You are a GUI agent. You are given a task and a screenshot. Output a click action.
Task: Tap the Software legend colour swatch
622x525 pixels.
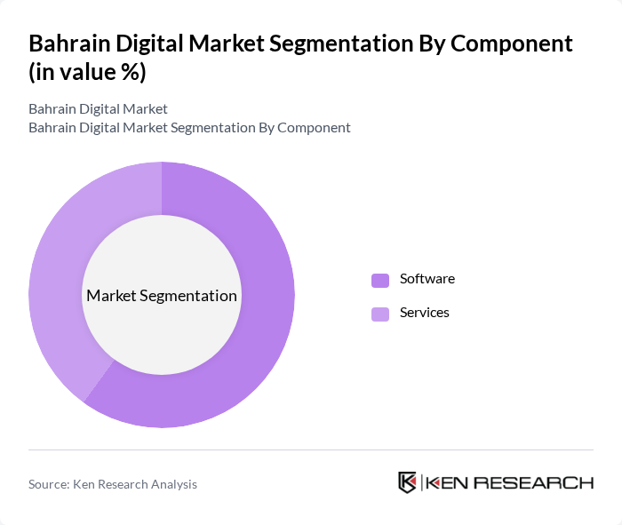pyautogui.click(x=380, y=280)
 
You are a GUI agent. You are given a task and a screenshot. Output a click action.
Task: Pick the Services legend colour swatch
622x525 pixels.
pyautogui.click(x=380, y=314)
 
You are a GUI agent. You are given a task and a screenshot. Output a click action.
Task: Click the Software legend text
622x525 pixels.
pyautogui.click(x=427, y=279)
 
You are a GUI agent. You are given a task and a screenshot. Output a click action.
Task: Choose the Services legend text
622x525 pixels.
pyautogui.click(x=424, y=313)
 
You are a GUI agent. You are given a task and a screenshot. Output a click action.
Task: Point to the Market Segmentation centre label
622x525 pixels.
pyautogui.click(x=162, y=296)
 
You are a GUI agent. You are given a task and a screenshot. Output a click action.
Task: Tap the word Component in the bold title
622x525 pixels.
pyautogui.click(x=508, y=44)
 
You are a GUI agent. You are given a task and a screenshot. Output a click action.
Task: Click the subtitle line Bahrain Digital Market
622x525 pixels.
pyautogui.click(x=98, y=109)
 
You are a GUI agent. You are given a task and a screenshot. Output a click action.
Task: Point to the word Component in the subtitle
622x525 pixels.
pyautogui.click(x=313, y=128)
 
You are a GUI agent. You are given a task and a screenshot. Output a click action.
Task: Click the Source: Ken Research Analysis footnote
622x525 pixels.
pyautogui.click(x=113, y=484)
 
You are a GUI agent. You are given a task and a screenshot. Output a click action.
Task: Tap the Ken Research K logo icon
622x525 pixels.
pyautogui.click(x=408, y=482)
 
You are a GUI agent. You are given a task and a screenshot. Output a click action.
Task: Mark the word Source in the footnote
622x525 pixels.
pyautogui.click(x=49, y=484)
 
